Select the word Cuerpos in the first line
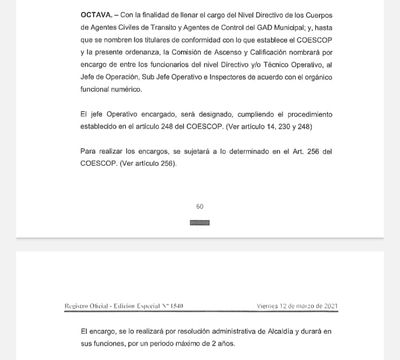coord(318,15)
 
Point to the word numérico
coord(126,89)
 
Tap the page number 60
coord(199,207)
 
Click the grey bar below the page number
coord(199,222)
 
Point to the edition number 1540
coord(177,306)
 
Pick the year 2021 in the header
coord(329,306)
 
